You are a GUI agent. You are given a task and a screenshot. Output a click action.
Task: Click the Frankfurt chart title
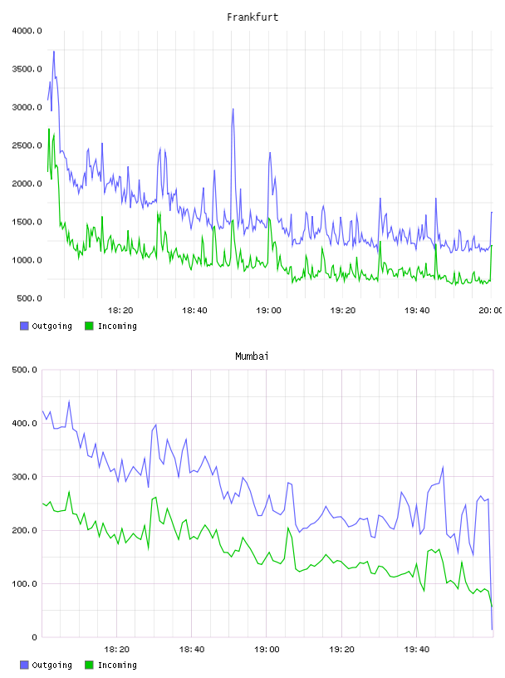pos(252,17)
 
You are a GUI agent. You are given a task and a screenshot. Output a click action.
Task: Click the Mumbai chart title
pos(252,356)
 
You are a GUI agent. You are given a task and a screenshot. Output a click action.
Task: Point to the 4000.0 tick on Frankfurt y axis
pos(27,31)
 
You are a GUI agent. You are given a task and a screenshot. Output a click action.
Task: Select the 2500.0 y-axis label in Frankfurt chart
pos(27,145)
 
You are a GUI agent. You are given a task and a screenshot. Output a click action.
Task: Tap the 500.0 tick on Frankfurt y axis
pos(29,298)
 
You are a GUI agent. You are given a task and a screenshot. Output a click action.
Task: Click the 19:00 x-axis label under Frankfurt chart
pos(268,311)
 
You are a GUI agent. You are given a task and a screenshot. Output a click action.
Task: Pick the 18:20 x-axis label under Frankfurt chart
pos(120,311)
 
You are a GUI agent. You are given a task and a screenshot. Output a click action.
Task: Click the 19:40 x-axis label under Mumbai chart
pos(417,650)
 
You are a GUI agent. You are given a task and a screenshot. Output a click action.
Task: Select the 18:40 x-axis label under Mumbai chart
pos(192,650)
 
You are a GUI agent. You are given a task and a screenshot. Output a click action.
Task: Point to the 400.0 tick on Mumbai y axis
pos(25,423)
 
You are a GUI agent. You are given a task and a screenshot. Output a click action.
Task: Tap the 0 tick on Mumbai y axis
pos(34,637)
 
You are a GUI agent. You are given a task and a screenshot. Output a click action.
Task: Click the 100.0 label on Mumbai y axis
pos(25,584)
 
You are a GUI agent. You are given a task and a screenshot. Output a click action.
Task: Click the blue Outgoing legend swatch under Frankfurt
pos(24,326)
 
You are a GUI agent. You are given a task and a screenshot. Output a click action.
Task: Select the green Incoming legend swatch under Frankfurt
pos(89,326)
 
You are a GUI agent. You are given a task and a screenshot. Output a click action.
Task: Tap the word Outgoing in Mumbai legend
pos(51,665)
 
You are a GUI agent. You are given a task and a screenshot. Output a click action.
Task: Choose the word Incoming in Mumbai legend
pos(117,665)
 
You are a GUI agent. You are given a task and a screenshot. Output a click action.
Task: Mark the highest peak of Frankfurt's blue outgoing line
pos(54,51)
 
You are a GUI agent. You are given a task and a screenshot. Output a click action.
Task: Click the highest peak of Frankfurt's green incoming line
pos(49,129)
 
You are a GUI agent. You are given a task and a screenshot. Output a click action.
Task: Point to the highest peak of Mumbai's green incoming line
pos(69,492)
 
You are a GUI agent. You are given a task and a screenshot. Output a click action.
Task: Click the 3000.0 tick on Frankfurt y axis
pos(27,107)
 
